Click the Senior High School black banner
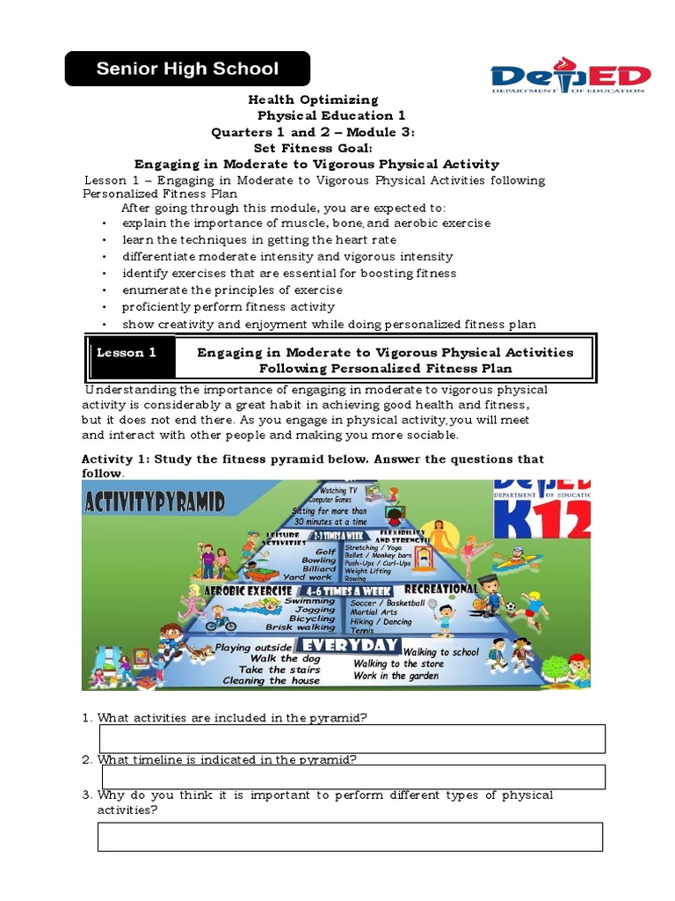point(187,69)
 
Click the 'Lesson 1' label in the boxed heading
point(127,353)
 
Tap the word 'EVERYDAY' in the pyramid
point(350,645)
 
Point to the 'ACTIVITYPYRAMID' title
point(155,502)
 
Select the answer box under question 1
point(352,739)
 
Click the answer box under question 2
point(353,777)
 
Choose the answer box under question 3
point(350,837)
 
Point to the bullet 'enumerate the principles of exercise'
point(232,289)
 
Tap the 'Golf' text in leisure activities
point(325,552)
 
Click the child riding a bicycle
point(220,620)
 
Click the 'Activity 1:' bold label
point(116,459)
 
